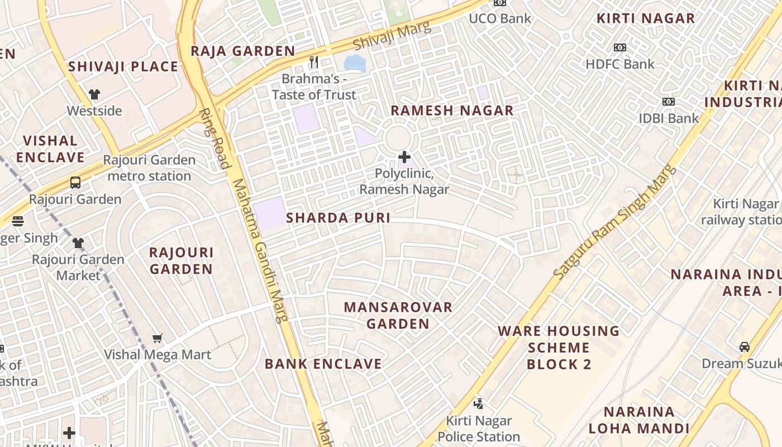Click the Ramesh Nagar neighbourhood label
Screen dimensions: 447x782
pos(452,110)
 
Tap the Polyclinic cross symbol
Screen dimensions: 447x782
pos(404,157)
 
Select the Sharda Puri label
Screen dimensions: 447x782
pos(338,218)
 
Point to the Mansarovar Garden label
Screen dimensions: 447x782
pos(398,315)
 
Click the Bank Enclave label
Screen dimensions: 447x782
pos(323,364)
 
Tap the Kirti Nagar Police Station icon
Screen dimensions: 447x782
pos(478,403)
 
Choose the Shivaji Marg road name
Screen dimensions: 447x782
pos(393,35)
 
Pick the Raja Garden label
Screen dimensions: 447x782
pos(242,51)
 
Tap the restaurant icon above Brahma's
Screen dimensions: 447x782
pos(314,61)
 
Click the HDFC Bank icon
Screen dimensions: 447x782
pos(619,47)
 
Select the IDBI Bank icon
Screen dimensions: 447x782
pos(668,102)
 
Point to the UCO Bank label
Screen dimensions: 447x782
pos(500,18)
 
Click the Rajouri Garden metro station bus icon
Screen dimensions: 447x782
pos(75,182)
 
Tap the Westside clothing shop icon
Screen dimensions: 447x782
pos(94,94)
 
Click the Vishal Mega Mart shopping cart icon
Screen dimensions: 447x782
pos(158,338)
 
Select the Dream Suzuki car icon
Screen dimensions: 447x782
pos(745,346)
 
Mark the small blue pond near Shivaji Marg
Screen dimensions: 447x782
pos(355,63)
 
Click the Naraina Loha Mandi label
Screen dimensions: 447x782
pos(638,420)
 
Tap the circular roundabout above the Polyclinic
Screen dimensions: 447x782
pos(398,137)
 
